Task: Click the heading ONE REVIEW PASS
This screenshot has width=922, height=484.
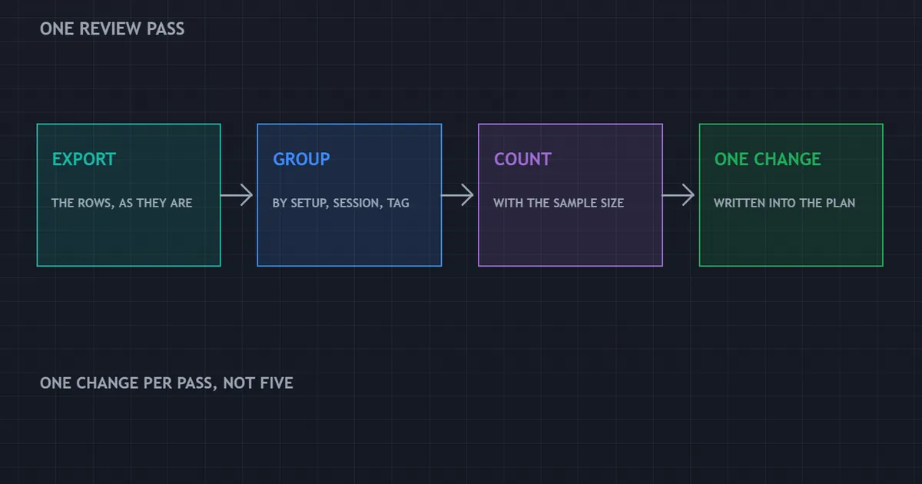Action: (x=112, y=29)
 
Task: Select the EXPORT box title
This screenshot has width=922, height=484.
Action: (x=84, y=159)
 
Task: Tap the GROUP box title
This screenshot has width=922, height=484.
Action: (x=301, y=159)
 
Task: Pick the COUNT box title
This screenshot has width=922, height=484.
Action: (x=522, y=159)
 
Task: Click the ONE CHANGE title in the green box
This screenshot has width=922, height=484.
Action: (x=768, y=159)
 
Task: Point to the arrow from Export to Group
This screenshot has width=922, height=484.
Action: (x=237, y=195)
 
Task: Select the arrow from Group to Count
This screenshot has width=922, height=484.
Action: (x=457, y=195)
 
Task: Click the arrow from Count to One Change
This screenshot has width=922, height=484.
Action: (x=678, y=195)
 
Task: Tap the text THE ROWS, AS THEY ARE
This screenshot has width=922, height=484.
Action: (x=122, y=203)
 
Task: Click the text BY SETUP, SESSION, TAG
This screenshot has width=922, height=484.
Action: (x=341, y=203)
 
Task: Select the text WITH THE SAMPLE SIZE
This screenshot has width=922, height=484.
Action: (x=559, y=203)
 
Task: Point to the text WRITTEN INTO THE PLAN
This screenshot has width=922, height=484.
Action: (x=784, y=203)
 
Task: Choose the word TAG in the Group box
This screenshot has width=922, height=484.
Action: (x=398, y=203)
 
